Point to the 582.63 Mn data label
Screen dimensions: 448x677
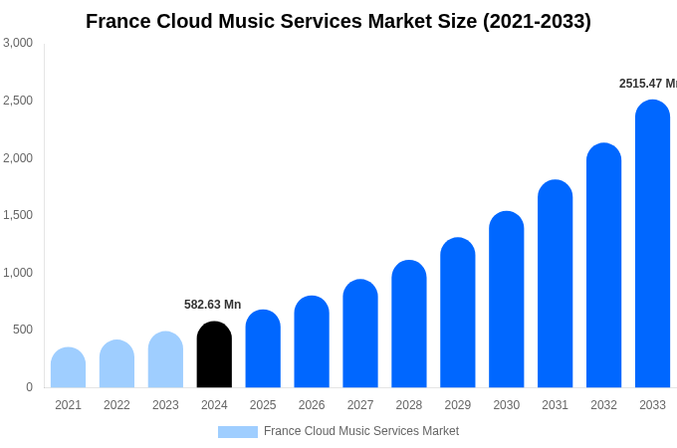(x=212, y=305)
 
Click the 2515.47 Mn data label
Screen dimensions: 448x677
(x=647, y=84)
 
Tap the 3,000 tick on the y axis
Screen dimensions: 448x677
(x=18, y=43)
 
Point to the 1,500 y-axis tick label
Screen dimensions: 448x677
(x=18, y=215)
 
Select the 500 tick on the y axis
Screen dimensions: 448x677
(x=23, y=330)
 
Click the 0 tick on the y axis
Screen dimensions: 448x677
(x=29, y=387)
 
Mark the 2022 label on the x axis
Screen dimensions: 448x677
(x=116, y=405)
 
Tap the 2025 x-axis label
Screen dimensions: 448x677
(x=263, y=405)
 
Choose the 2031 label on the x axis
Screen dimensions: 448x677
(x=555, y=405)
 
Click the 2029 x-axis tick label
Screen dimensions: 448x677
(x=458, y=405)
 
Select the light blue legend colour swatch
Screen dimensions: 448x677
(x=238, y=432)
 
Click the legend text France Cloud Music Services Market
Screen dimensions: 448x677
(x=361, y=431)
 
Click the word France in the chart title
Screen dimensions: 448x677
(x=117, y=21)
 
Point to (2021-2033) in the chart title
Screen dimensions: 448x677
(x=537, y=21)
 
